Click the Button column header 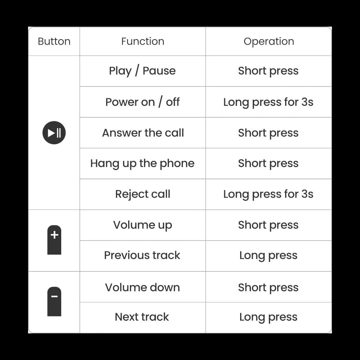tap(54, 41)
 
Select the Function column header tap(143, 41)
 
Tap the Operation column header tap(269, 41)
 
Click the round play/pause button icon tap(54, 133)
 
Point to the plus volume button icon tap(54, 240)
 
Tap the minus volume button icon tap(54, 302)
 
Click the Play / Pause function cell tap(143, 71)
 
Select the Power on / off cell tap(143, 102)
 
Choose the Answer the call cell tap(143, 133)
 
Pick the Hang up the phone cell tap(143, 163)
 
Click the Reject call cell tap(143, 194)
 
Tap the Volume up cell tap(143, 225)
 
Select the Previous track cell tap(143, 255)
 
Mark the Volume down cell tap(143, 287)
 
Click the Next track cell tap(143, 317)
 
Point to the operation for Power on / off tap(269, 102)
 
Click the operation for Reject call tap(269, 194)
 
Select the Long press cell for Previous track tap(269, 255)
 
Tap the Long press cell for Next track tap(269, 317)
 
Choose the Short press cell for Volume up tap(269, 225)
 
